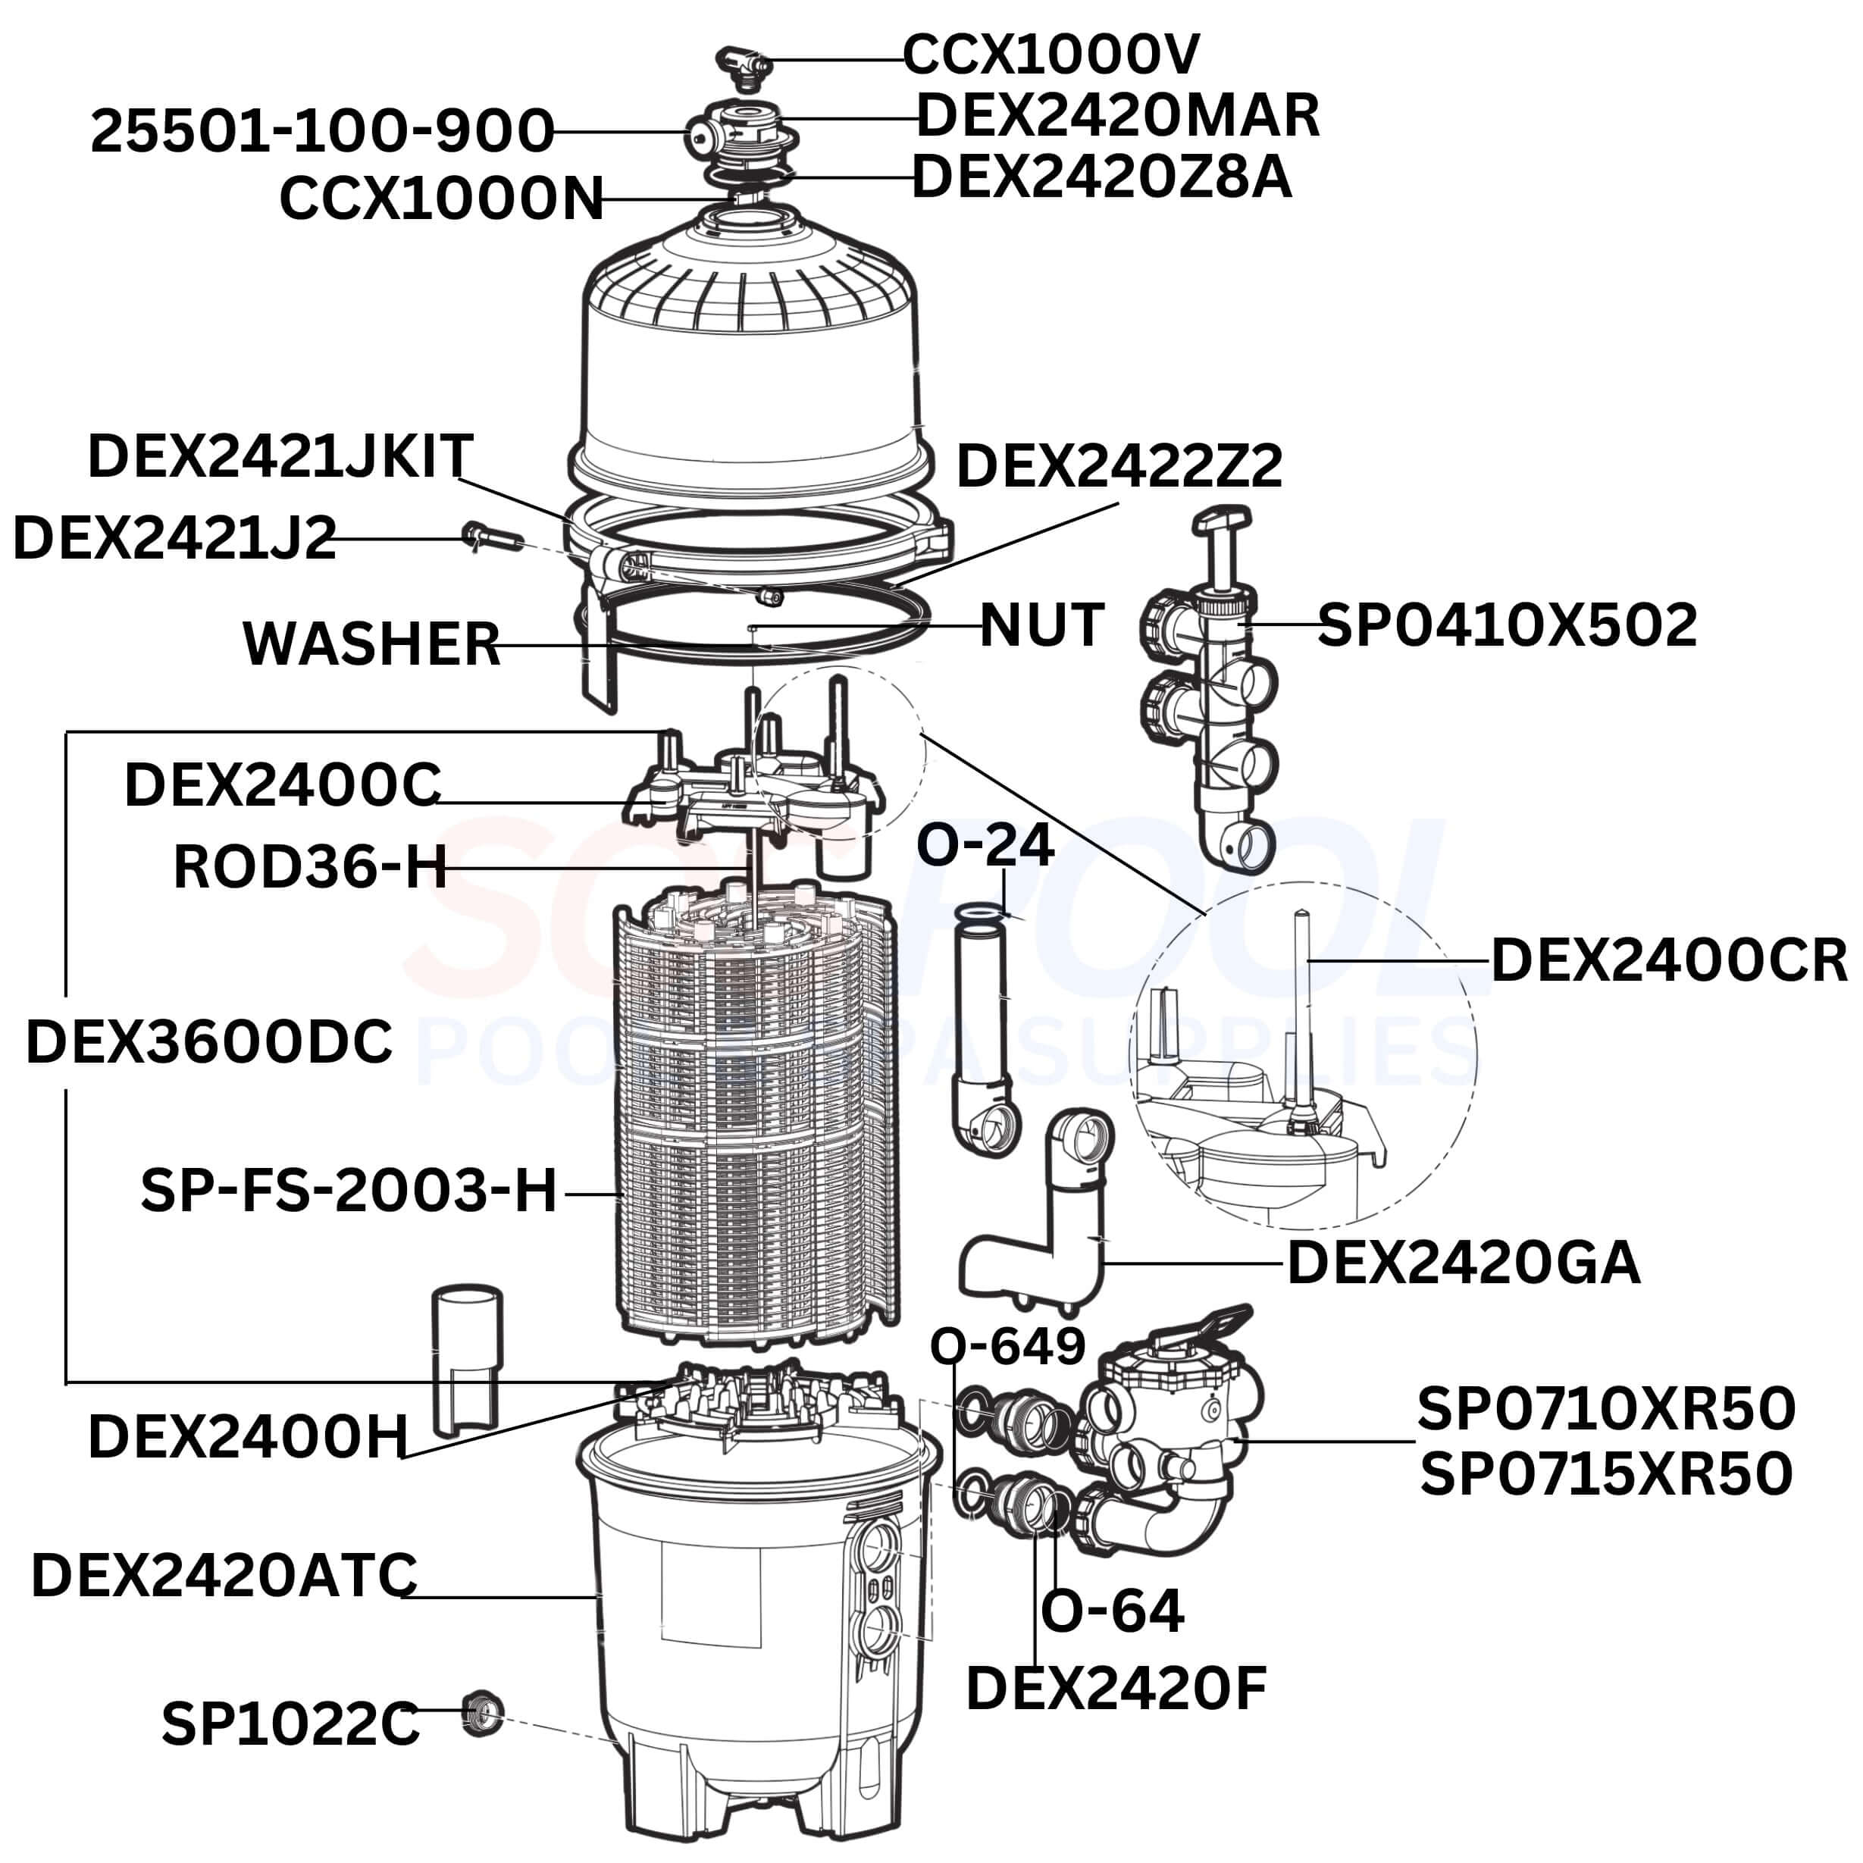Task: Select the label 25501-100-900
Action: (322, 131)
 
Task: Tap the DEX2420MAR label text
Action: (1116, 116)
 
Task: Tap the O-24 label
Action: (985, 844)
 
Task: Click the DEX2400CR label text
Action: (1669, 960)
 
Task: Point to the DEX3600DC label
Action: (209, 1042)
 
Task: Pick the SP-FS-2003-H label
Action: (349, 1190)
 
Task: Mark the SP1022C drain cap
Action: (481, 1714)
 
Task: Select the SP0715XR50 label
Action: (1605, 1473)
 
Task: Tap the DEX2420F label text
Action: (1116, 1689)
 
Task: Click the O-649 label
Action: (1008, 1346)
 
